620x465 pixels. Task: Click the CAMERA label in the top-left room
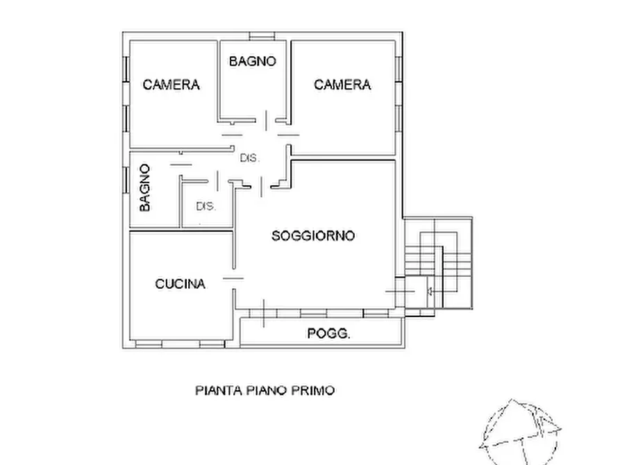(171, 85)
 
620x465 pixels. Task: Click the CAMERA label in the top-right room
(342, 85)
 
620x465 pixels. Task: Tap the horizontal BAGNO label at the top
(253, 61)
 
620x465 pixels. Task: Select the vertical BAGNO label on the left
(144, 187)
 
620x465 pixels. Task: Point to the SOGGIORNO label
(313, 236)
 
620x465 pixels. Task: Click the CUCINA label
(180, 284)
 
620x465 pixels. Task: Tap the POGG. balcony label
(329, 334)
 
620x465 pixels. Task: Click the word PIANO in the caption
(267, 390)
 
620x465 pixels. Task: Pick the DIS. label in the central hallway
(250, 158)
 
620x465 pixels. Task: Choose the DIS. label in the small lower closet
(206, 206)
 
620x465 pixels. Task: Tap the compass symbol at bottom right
(521, 430)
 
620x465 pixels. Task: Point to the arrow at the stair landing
(430, 291)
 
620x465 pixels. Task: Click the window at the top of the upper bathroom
(261, 35)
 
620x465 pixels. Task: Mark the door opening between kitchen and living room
(234, 278)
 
